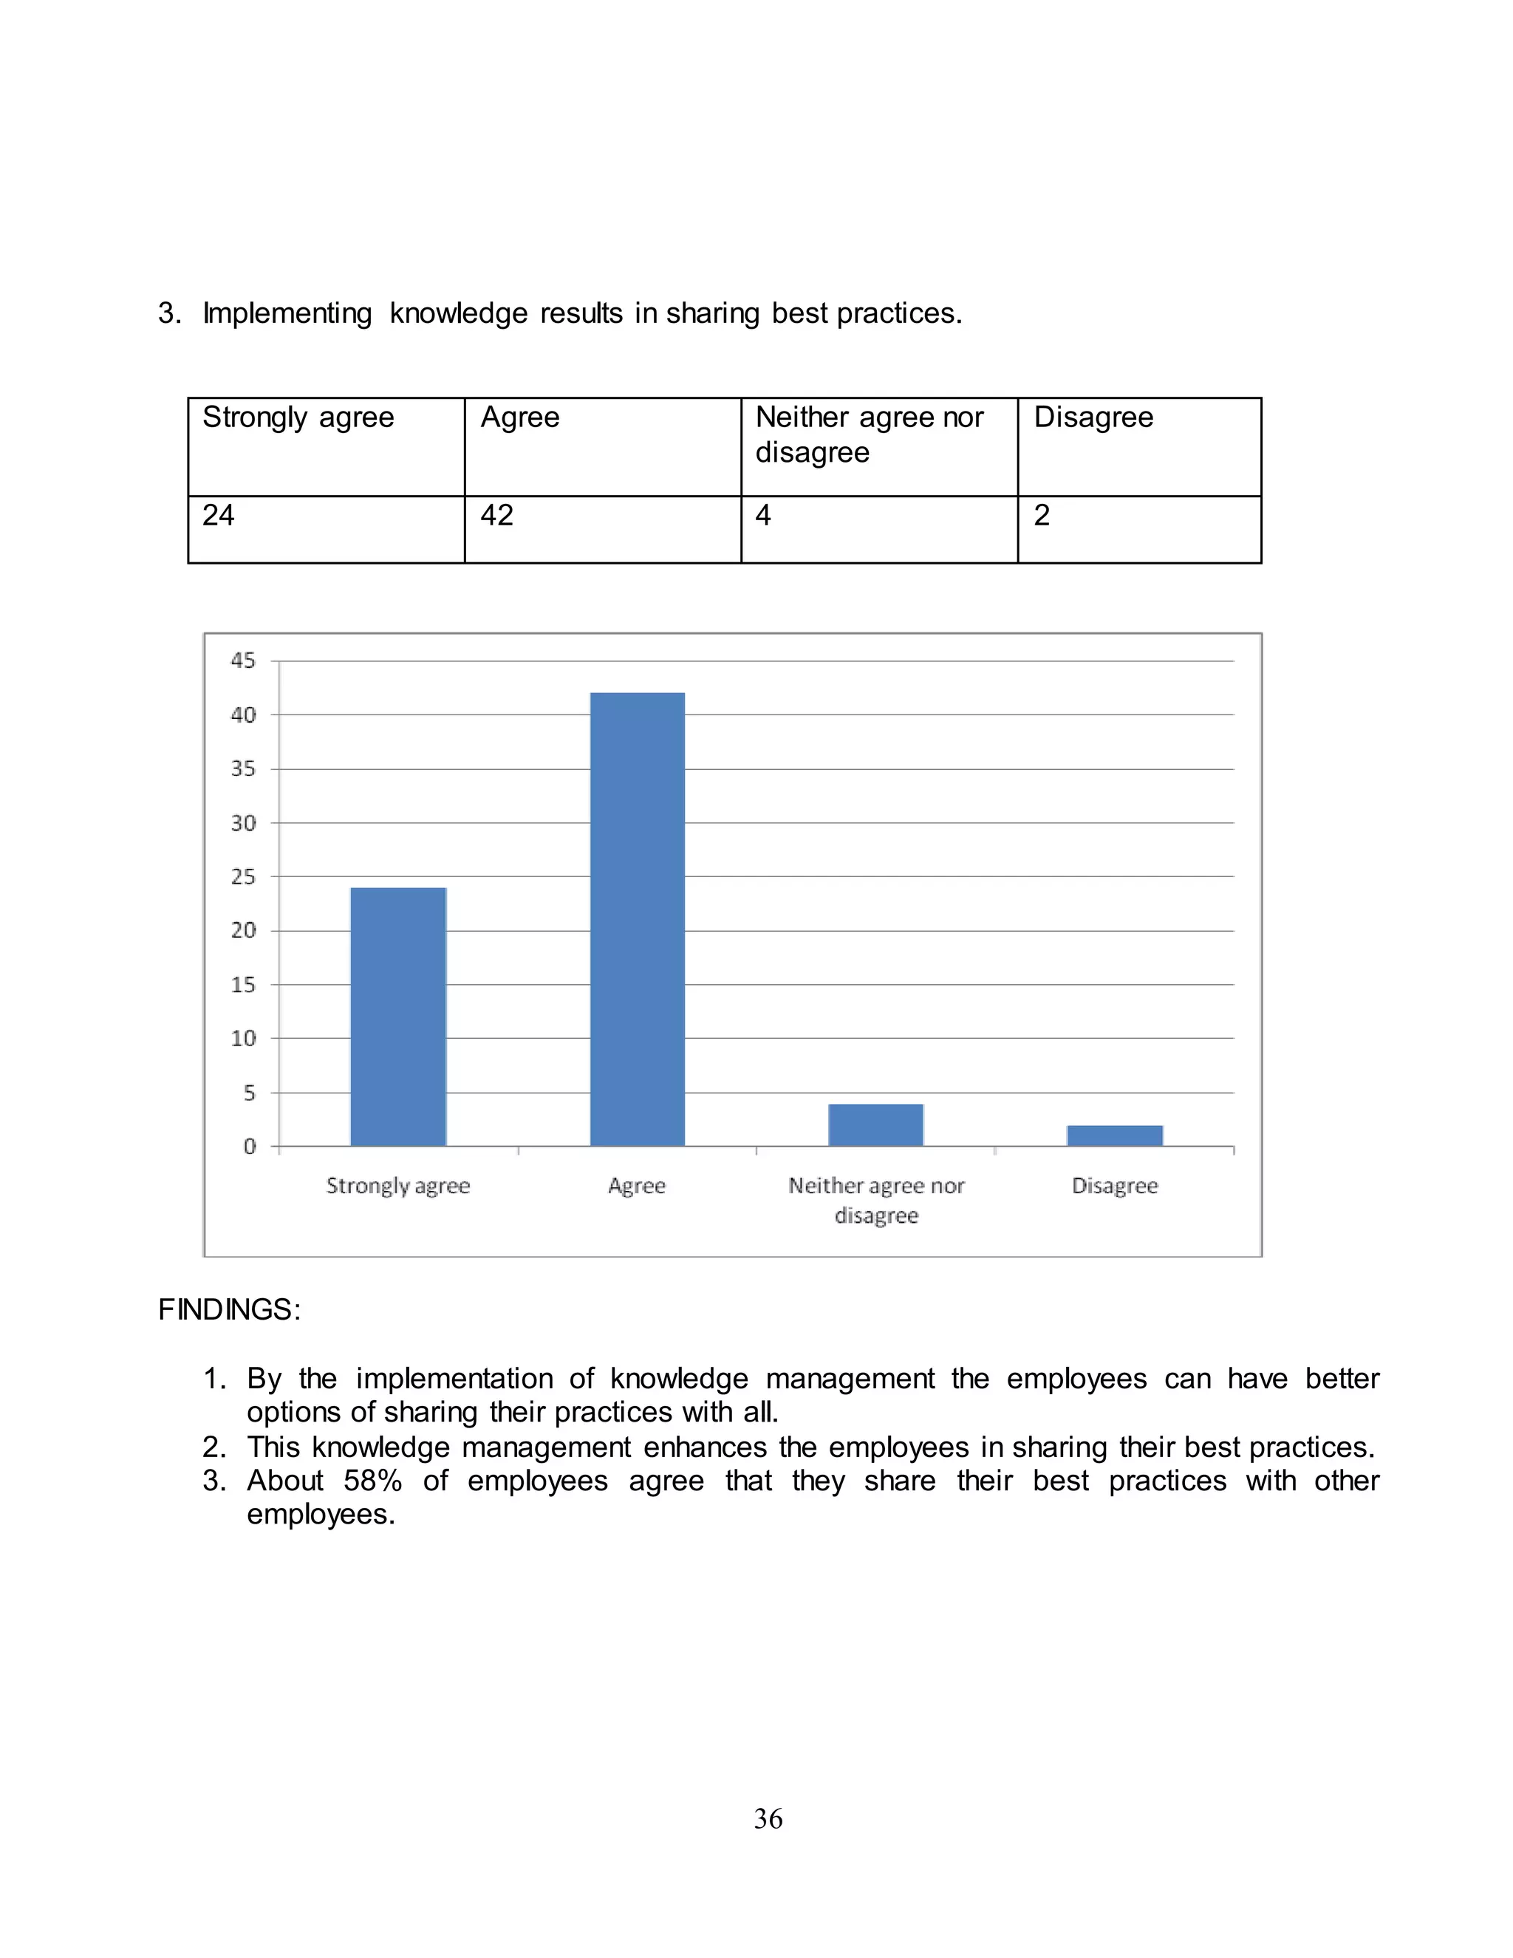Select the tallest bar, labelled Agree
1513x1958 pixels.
[x=638, y=919]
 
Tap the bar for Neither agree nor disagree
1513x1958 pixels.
[x=875, y=1125]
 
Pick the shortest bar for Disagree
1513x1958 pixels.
[x=1114, y=1135]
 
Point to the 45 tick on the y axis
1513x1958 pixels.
[x=243, y=661]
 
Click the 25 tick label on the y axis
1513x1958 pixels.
[x=243, y=877]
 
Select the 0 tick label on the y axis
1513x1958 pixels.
[x=249, y=1147]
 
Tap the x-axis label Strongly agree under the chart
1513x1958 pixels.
[x=398, y=1186]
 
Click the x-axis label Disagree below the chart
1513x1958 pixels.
[x=1114, y=1186]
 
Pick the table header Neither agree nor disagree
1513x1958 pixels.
[x=869, y=434]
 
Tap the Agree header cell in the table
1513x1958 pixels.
[x=520, y=417]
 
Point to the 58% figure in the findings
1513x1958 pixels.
[x=372, y=1481]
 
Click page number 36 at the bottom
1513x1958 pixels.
[x=768, y=1819]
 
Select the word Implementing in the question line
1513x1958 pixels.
[x=287, y=314]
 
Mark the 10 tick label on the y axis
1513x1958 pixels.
[x=243, y=1038]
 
